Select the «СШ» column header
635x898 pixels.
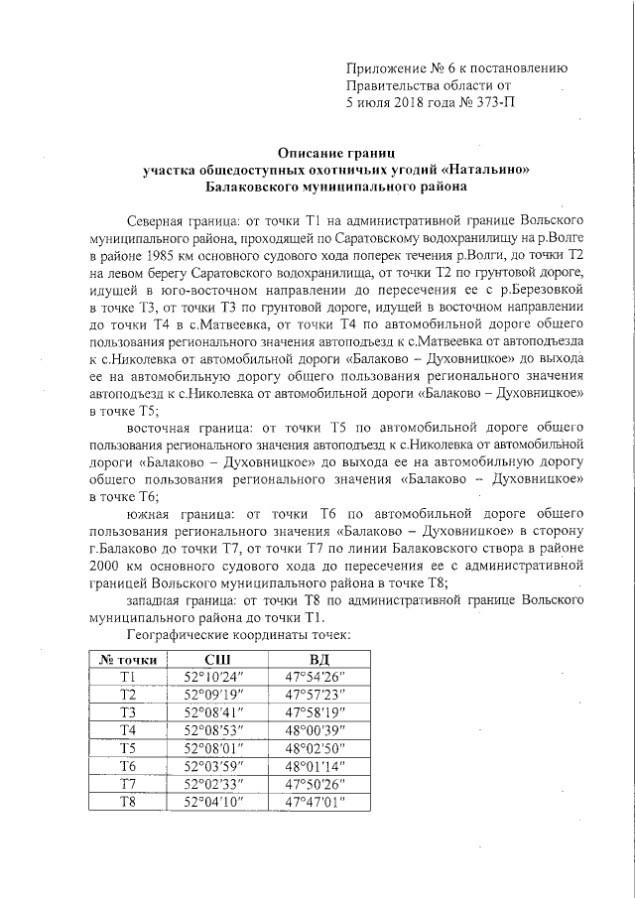(216, 659)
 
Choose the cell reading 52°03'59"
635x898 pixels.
(216, 766)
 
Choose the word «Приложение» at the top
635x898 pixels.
(385, 68)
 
